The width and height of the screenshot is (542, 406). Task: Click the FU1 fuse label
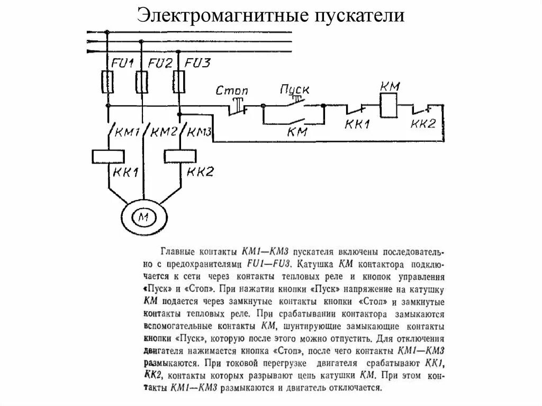[x=121, y=64]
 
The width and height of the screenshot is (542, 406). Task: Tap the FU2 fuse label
[x=160, y=64]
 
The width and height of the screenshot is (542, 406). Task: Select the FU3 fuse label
[x=197, y=64]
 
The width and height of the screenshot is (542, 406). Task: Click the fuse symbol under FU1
[x=107, y=82]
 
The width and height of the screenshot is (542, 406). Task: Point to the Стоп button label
[x=232, y=91]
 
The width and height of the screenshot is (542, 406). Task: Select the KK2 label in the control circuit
[x=423, y=124]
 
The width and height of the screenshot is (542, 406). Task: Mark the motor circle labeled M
[x=144, y=216]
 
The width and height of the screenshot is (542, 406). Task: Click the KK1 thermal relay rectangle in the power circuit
[x=108, y=156]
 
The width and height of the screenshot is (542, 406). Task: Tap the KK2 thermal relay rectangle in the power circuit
[x=180, y=156]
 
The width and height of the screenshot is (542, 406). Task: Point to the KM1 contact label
[x=128, y=131]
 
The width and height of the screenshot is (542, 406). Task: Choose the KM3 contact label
[x=200, y=131]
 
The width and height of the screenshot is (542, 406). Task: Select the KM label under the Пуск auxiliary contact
[x=297, y=132]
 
